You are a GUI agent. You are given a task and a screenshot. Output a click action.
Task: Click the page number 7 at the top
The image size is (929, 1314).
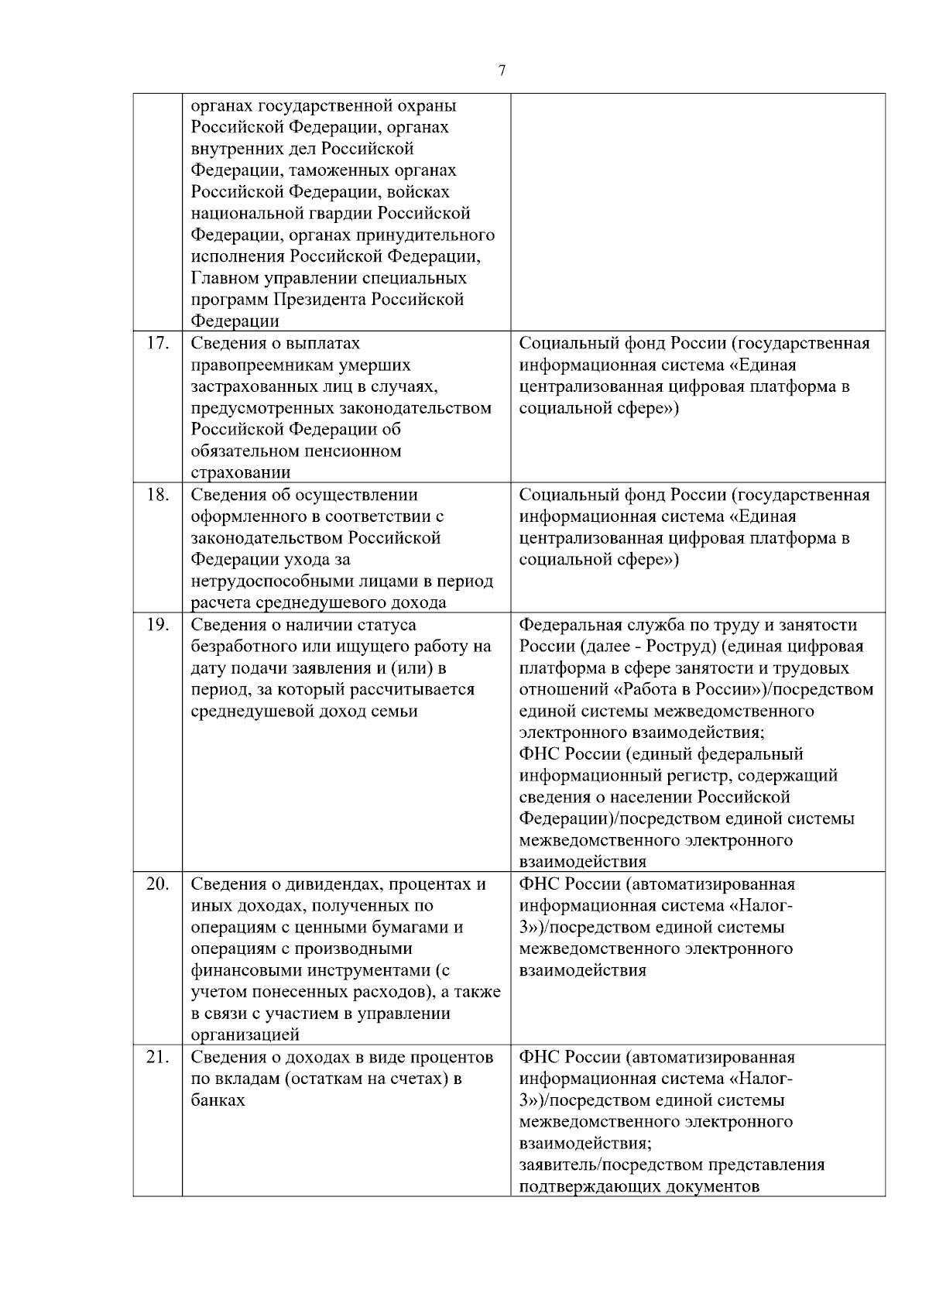pyautogui.click(x=502, y=71)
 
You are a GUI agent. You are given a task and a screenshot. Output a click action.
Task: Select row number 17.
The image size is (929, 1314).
pyautogui.click(x=157, y=344)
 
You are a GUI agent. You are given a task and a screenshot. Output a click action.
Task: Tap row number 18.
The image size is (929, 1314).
pyautogui.click(x=157, y=496)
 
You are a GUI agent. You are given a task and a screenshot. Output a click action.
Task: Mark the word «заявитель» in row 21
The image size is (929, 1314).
pyautogui.click(x=555, y=1165)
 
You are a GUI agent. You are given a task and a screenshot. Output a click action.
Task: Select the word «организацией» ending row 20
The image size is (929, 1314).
pyautogui.click(x=245, y=1035)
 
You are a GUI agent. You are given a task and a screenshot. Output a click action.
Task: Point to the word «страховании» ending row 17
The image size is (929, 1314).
pyautogui.click(x=241, y=473)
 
